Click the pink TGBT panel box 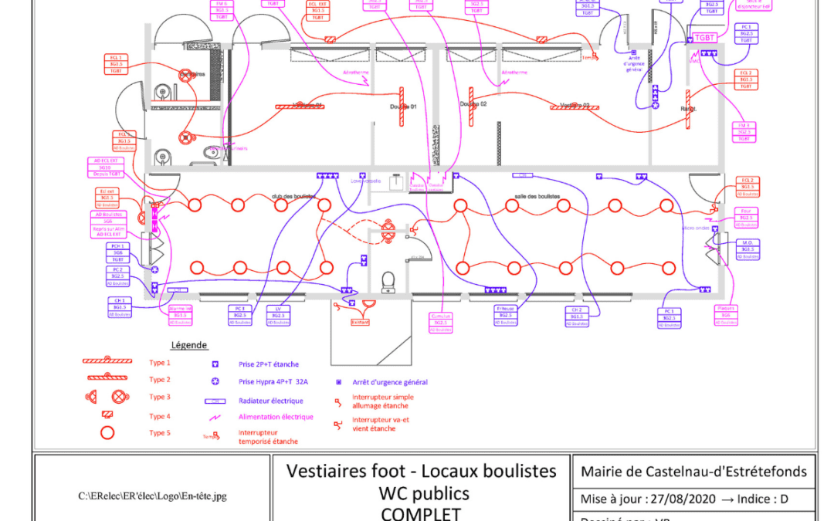(x=704, y=38)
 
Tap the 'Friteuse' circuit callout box (x=507, y=315)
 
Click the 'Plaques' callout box (x=726, y=315)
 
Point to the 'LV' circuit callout (x=278, y=315)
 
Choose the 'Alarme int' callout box (x=180, y=312)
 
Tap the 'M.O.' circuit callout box (x=746, y=249)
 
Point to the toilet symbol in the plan (x=389, y=278)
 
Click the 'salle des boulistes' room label (x=537, y=196)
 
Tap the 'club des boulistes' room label (x=293, y=196)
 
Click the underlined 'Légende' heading (x=188, y=345)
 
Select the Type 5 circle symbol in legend (x=107, y=433)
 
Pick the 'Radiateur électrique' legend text (x=271, y=401)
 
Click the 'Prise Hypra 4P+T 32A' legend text (x=273, y=381)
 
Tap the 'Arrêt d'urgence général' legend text (x=390, y=381)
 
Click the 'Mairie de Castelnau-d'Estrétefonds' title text (x=693, y=472)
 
